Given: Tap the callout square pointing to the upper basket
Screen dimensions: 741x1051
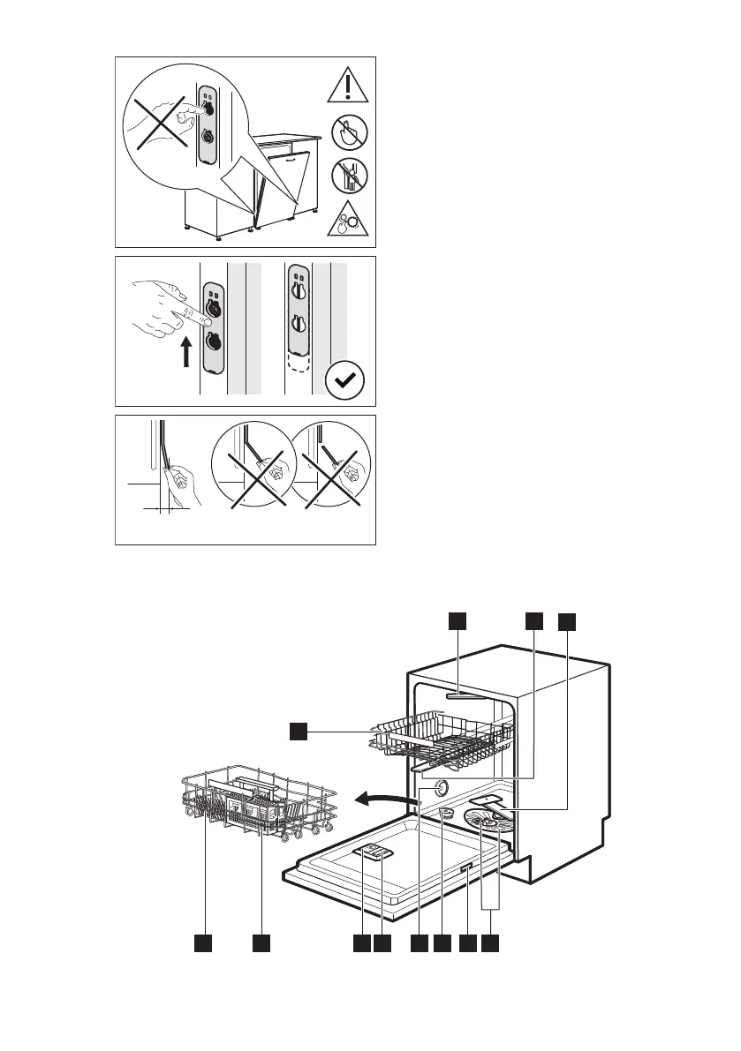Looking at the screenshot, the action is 300,730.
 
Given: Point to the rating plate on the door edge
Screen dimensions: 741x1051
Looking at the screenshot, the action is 465,871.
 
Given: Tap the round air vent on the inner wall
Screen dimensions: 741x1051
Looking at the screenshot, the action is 442,789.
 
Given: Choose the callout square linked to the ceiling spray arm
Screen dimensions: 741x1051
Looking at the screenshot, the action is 457,622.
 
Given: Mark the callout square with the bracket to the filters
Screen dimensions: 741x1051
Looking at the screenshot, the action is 492,943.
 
